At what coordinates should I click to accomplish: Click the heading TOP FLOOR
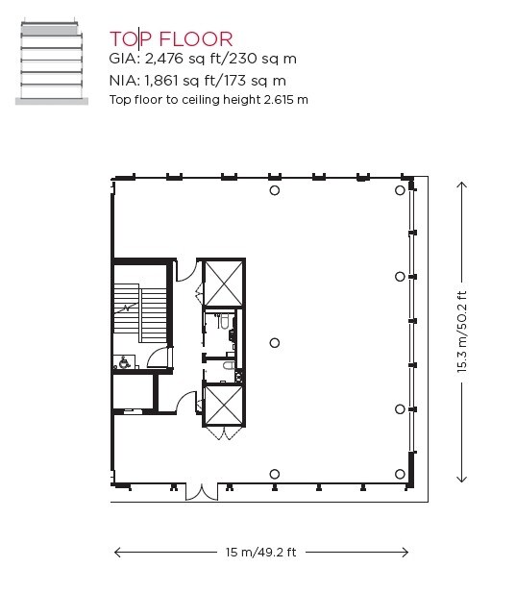171,38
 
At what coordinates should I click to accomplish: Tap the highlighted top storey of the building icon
52,32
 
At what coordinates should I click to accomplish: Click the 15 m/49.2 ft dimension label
261,553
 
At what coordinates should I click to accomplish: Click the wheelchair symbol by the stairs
122,362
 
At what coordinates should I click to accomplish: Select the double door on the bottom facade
202,492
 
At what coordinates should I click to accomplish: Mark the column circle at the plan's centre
275,343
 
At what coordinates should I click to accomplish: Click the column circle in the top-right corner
401,191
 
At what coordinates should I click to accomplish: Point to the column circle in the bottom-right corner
401,474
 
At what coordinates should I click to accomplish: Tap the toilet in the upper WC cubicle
223,325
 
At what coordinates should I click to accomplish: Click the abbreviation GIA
124,60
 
